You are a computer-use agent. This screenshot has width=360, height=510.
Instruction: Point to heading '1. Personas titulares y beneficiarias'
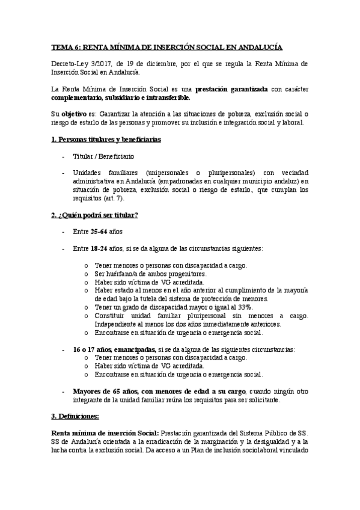click(105, 140)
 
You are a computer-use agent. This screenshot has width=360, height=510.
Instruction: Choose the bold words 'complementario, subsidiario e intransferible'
click(120, 97)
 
